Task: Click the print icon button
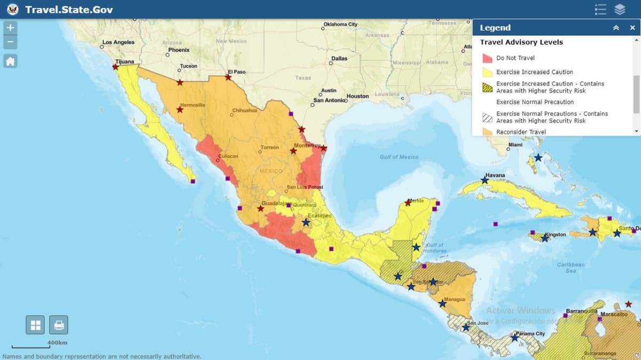(x=59, y=325)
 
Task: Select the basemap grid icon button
(x=36, y=325)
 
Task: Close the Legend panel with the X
(x=632, y=28)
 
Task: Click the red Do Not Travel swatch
(x=487, y=58)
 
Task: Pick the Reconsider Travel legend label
(x=521, y=132)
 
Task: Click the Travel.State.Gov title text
(x=69, y=10)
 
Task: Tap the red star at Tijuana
(x=115, y=67)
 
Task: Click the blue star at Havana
(x=484, y=181)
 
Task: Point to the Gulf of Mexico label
(x=399, y=157)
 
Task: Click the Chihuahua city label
(x=245, y=111)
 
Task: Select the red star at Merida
(x=408, y=202)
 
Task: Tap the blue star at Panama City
(x=514, y=338)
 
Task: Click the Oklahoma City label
(x=340, y=24)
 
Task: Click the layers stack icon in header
(x=619, y=10)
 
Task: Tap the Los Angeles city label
(x=119, y=42)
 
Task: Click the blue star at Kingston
(x=545, y=238)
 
